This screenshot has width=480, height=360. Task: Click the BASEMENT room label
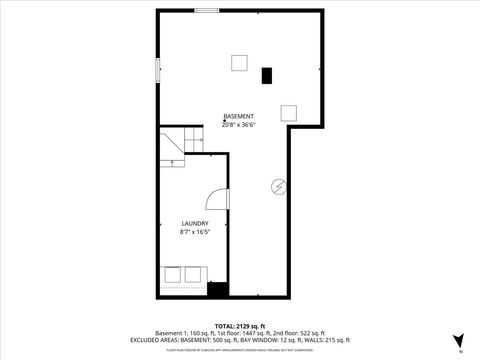(x=239, y=117)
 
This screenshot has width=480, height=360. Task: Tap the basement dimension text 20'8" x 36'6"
(x=239, y=125)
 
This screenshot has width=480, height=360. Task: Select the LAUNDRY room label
(x=194, y=223)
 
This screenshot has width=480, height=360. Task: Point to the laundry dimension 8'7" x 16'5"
(x=194, y=231)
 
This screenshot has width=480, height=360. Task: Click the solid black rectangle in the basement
(x=267, y=75)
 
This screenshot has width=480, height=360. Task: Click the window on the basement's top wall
(x=208, y=10)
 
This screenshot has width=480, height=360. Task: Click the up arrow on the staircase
(x=173, y=160)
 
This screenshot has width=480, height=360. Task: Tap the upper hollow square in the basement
(x=240, y=63)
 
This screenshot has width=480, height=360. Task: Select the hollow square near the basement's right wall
(x=289, y=111)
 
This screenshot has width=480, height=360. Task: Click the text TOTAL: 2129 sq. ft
(x=239, y=325)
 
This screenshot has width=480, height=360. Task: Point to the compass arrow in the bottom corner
(x=458, y=339)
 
